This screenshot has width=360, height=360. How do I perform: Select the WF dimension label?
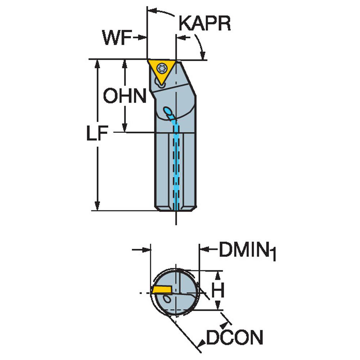click(x=117, y=37)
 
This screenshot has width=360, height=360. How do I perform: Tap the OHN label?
click(x=125, y=95)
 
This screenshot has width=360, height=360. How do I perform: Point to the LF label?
click(x=97, y=133)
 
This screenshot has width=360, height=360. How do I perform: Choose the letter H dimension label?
click(x=218, y=290)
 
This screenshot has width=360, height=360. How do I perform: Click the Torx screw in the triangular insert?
click(x=162, y=68)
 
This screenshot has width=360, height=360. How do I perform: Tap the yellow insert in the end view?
click(x=162, y=289)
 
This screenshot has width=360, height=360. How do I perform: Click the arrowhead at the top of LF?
click(x=97, y=65)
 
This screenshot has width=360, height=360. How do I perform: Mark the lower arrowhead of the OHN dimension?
click(x=125, y=127)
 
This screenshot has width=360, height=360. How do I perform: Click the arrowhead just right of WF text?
click(x=141, y=37)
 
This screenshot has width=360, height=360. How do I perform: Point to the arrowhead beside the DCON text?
click(x=202, y=343)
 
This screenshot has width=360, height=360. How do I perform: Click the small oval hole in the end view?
click(x=167, y=299)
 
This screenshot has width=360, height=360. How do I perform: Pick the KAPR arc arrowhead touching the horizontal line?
click(x=202, y=55)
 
